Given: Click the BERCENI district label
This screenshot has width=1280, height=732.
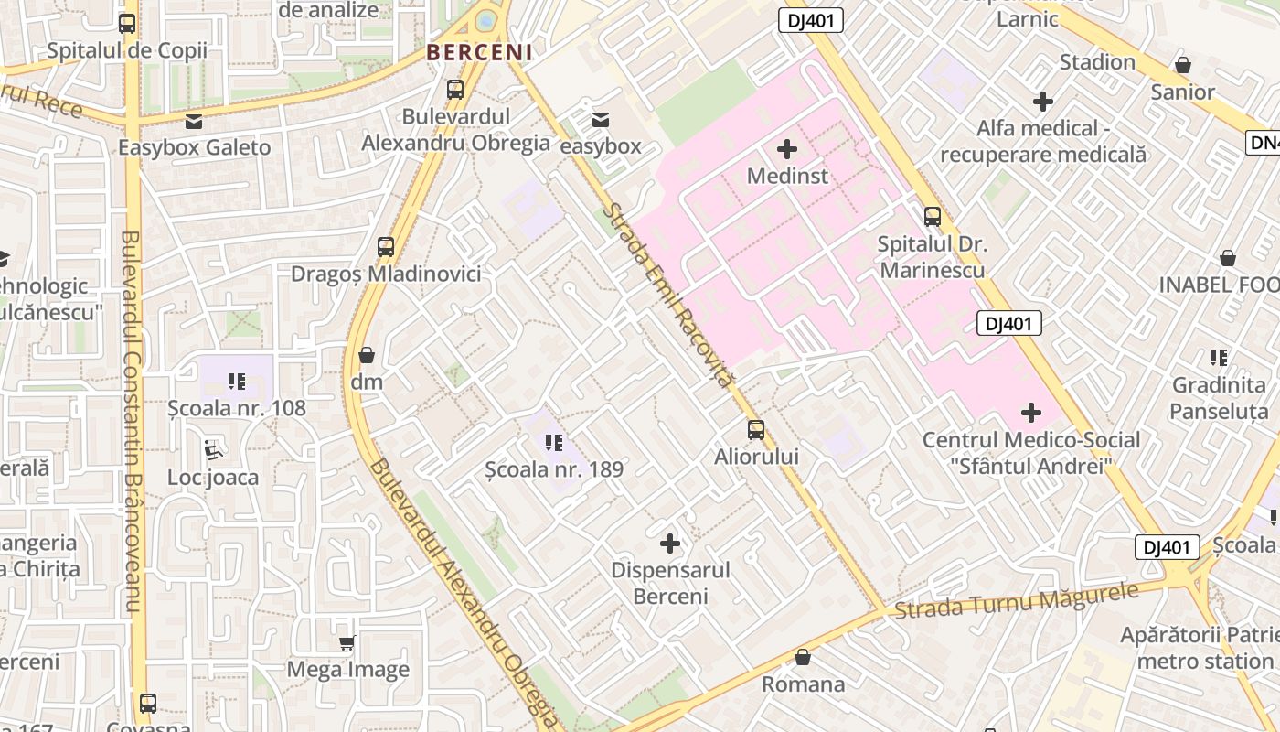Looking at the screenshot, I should pos(480,52).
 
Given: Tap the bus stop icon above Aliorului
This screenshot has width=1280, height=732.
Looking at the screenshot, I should pos(756,429).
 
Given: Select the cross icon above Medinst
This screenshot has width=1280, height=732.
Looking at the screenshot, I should pos(786,148).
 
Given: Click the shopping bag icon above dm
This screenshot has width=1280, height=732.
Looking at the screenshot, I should pos(367,355).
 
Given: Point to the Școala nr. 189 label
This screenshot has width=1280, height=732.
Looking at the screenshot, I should pos(554,469).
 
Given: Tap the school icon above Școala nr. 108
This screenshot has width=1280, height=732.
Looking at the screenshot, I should pos(237,381).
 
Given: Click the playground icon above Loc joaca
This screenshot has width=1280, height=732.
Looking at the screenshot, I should pos(213,449).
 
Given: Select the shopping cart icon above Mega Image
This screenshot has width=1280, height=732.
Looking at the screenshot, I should pos(347,643).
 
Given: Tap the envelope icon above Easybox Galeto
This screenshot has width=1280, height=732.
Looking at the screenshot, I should pos(194,121).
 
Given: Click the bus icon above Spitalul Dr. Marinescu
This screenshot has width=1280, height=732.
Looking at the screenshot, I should pos(933,217).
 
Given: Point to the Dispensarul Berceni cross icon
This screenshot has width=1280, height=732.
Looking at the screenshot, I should pos(670,544).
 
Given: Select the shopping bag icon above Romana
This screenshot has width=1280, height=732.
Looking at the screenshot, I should pos(803,657).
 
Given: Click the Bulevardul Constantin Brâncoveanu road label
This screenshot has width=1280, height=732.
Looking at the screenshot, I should pos(132,421).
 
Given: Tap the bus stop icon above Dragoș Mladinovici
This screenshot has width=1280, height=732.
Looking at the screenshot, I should pos(386,246).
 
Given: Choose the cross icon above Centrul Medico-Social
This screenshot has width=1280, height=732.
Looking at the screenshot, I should pos(1031,413).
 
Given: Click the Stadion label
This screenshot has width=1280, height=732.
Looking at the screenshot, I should pos(1097,62).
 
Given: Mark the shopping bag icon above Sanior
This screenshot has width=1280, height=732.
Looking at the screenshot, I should pos(1183,65).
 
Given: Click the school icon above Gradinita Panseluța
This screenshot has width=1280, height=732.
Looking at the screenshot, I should pos(1219,358).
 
